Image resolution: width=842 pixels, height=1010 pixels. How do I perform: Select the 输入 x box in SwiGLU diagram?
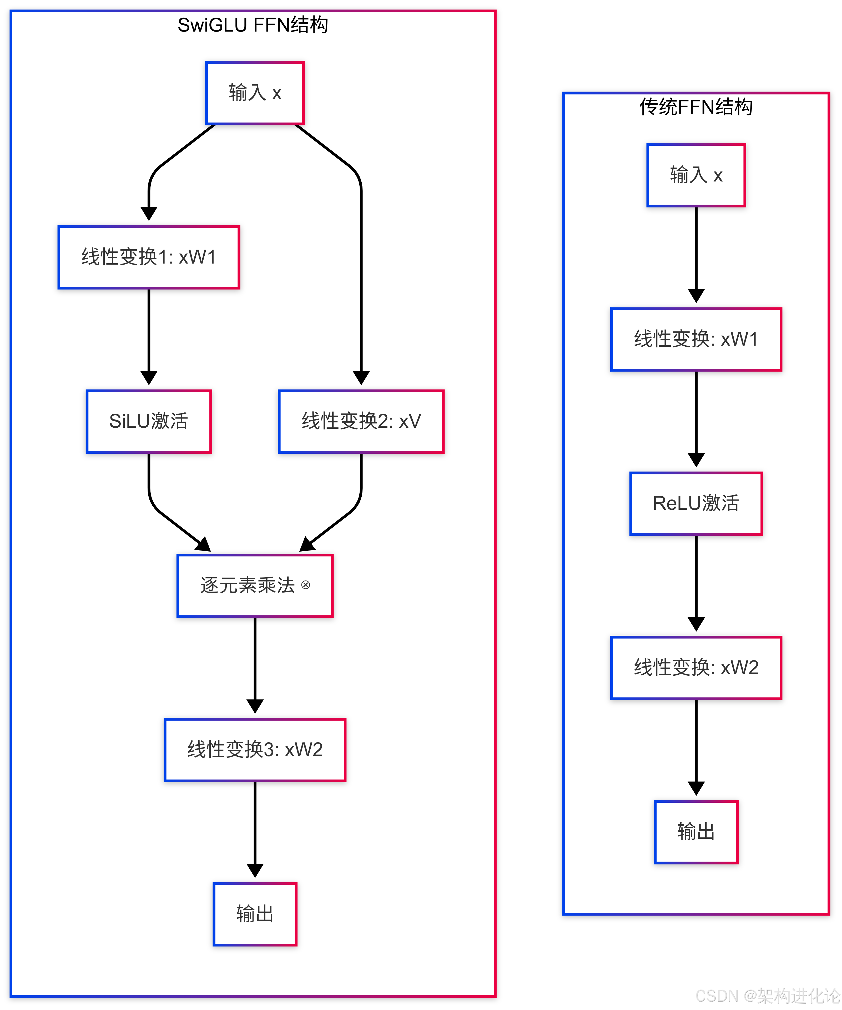pyautogui.click(x=255, y=93)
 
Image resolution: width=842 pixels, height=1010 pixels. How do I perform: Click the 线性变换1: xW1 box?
pyautogui.click(x=149, y=257)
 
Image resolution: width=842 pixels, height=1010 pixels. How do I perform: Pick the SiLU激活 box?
pyautogui.click(x=149, y=421)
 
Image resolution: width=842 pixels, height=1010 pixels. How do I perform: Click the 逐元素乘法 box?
pyautogui.click(x=255, y=585)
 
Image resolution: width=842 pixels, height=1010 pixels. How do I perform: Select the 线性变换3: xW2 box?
pyautogui.click(x=255, y=749)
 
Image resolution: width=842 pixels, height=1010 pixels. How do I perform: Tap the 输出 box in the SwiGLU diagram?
pyautogui.click(x=255, y=914)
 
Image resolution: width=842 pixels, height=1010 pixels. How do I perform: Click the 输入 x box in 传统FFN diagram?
pyautogui.click(x=696, y=175)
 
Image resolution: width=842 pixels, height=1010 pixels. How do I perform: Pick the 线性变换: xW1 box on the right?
pyautogui.click(x=696, y=339)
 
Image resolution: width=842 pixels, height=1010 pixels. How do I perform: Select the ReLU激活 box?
pyautogui.click(x=696, y=503)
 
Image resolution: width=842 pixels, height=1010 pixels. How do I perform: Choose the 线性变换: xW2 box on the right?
pyautogui.click(x=696, y=668)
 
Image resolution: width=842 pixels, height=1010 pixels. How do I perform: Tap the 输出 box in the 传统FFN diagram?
pyautogui.click(x=696, y=832)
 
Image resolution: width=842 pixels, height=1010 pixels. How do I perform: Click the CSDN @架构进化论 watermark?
pyautogui.click(x=768, y=996)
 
